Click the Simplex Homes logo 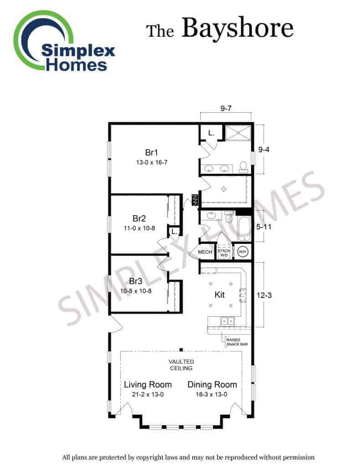click(x=64, y=41)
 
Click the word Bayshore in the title click(x=238, y=28)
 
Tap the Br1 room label click(x=151, y=152)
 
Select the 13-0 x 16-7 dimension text click(x=152, y=162)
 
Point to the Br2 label click(x=139, y=218)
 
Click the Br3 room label click(x=136, y=281)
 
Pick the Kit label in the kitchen click(x=219, y=295)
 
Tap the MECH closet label click(x=205, y=252)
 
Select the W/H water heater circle click(x=243, y=252)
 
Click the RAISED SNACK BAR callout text click(x=237, y=342)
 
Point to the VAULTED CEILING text click(x=181, y=365)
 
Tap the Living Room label click(x=148, y=385)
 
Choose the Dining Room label click(x=212, y=385)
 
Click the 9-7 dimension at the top click(x=226, y=108)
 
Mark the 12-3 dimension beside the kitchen click(x=264, y=295)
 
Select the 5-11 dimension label click(x=264, y=227)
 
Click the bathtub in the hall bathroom click(x=244, y=229)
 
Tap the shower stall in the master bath click(x=238, y=132)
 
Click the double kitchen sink click(x=228, y=321)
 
